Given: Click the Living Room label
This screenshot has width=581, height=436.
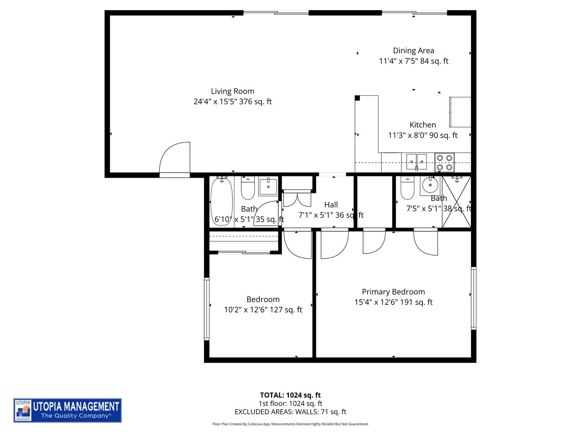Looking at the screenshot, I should tap(232, 91).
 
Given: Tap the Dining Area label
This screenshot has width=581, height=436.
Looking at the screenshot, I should tap(414, 50).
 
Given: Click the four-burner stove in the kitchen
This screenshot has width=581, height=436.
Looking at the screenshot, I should tap(444, 162).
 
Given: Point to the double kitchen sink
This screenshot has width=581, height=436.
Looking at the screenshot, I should tap(416, 161).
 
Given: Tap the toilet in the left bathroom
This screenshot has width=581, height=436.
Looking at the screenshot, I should tap(247, 189).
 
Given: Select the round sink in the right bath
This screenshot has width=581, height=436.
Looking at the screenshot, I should tap(430, 185).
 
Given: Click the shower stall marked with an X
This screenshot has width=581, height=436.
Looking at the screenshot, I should tap(456, 202).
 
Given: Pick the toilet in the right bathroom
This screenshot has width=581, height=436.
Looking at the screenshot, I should tap(407, 188).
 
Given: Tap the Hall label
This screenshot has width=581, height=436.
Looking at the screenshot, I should tap(331, 205).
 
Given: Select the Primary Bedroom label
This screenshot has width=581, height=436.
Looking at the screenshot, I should tap(393, 291).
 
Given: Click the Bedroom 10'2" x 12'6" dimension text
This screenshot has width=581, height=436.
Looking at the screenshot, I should tap(263, 310).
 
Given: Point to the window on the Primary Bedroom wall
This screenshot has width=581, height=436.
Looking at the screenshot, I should tap(474, 298).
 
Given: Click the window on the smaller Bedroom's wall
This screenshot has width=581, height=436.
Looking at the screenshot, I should tap(207, 309).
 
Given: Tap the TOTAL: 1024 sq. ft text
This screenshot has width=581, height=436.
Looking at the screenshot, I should tap(290, 395).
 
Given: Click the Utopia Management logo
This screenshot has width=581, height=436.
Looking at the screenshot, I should tap(67, 410).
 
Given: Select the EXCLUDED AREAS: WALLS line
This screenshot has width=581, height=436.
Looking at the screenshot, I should tap(290, 412).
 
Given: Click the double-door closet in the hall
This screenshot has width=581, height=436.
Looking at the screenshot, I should tap(297, 199).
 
